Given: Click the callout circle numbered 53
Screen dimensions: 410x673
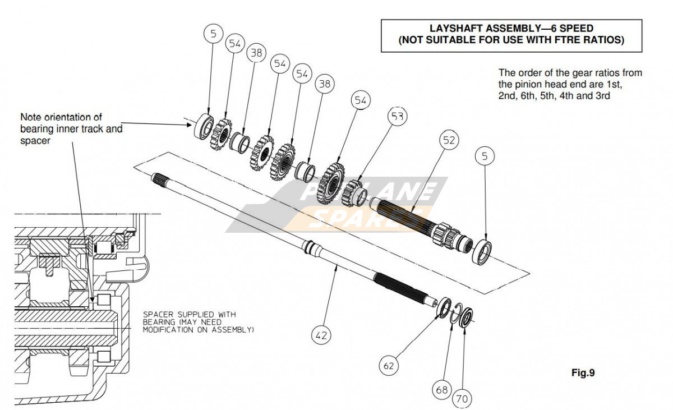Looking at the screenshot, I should pyautogui.click(x=397, y=117).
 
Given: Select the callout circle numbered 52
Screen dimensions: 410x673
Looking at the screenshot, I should pyautogui.click(x=450, y=140).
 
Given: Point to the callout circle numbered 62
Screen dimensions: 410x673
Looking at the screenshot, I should pyautogui.click(x=389, y=366).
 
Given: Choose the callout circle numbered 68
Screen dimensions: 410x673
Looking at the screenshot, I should pyautogui.click(x=442, y=389).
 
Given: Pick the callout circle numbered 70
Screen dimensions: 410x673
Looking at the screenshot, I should pyautogui.click(x=462, y=399).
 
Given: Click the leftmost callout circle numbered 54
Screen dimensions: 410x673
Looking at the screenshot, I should pyautogui.click(x=235, y=43).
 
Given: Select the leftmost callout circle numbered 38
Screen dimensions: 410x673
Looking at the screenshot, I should pyautogui.click(x=256, y=53).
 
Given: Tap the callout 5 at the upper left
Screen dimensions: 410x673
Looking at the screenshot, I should pyautogui.click(x=213, y=33).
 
